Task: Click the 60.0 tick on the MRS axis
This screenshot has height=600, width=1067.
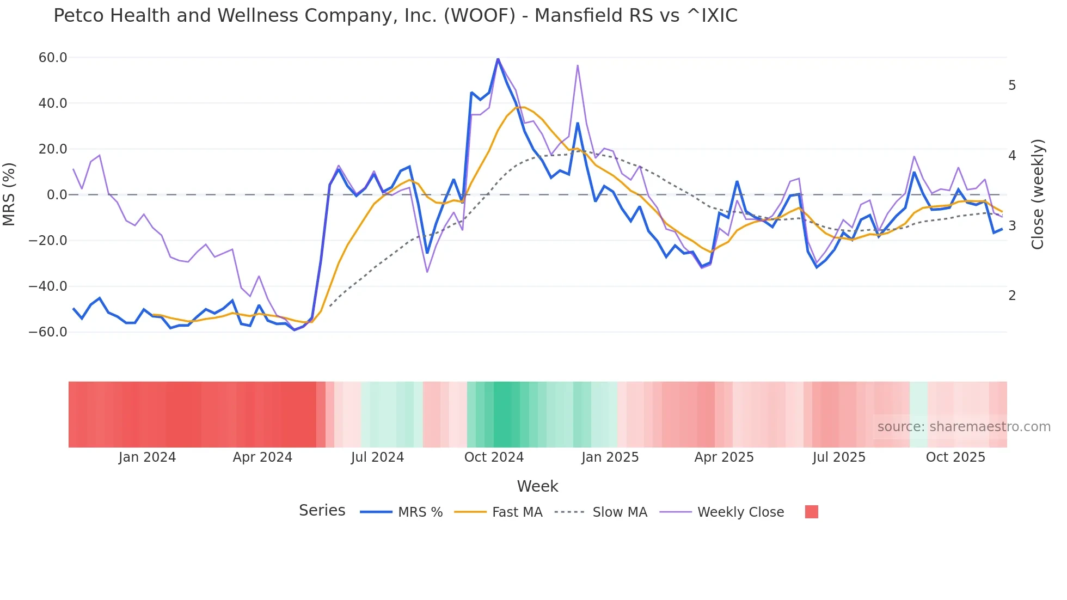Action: pyautogui.click(x=52, y=58)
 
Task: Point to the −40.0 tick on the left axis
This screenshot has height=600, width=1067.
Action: pyautogui.click(x=48, y=286)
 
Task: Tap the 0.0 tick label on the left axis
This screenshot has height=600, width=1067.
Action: pyautogui.click(x=57, y=195)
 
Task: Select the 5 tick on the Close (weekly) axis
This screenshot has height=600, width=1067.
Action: pyautogui.click(x=1012, y=85)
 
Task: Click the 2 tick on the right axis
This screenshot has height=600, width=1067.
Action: pyautogui.click(x=1012, y=296)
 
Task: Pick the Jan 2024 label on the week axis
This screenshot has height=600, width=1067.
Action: pyautogui.click(x=147, y=457)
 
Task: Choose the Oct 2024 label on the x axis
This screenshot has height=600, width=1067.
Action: pyautogui.click(x=494, y=457)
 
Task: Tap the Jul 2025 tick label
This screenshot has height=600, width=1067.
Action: pyautogui.click(x=839, y=457)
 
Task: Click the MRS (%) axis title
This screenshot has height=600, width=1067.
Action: pyautogui.click(x=9, y=194)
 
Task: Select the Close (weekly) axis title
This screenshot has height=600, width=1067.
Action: pyautogui.click(x=1038, y=194)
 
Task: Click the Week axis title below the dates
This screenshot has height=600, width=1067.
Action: pyautogui.click(x=537, y=486)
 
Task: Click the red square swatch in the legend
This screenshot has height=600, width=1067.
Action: pyautogui.click(x=811, y=512)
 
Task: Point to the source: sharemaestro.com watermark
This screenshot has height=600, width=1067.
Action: pyautogui.click(x=964, y=427)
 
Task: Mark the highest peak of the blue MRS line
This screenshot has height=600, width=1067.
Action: pyautogui.click(x=498, y=59)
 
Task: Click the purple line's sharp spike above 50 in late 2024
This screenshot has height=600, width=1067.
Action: pyautogui.click(x=578, y=65)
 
